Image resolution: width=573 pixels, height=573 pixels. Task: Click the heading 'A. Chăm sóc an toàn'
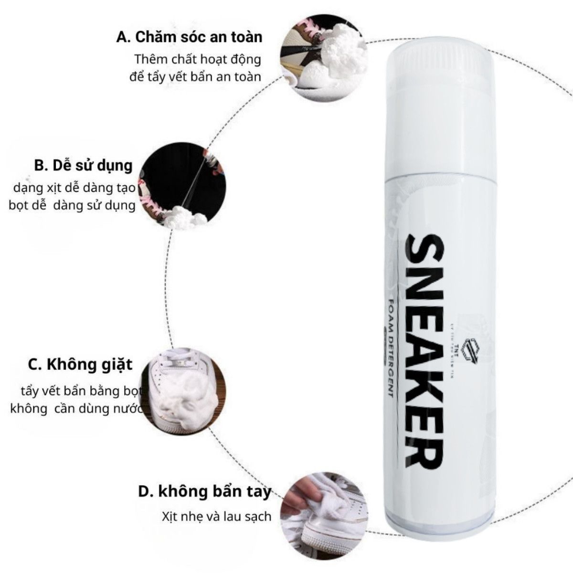click(x=189, y=37)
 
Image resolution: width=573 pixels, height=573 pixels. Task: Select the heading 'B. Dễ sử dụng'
click(x=83, y=165)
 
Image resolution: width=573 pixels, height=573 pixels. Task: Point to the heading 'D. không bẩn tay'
click(x=204, y=491)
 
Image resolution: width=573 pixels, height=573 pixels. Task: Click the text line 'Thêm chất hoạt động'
click(x=198, y=60)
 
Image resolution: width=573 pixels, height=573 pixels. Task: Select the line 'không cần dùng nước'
click(x=76, y=409)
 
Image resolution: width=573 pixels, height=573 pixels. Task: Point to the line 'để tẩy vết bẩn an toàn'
click(x=195, y=76)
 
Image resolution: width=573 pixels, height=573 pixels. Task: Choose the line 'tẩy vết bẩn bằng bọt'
click(x=82, y=392)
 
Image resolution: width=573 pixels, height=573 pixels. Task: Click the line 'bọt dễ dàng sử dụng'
click(x=72, y=206)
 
